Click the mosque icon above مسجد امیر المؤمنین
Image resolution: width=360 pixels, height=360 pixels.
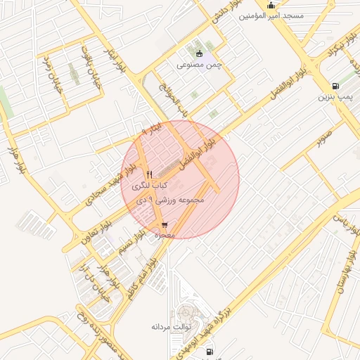click(x=271, y=6)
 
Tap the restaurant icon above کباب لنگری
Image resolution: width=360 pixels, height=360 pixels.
click(x=148, y=174)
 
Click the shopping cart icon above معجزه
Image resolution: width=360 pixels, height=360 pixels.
click(x=165, y=225)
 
